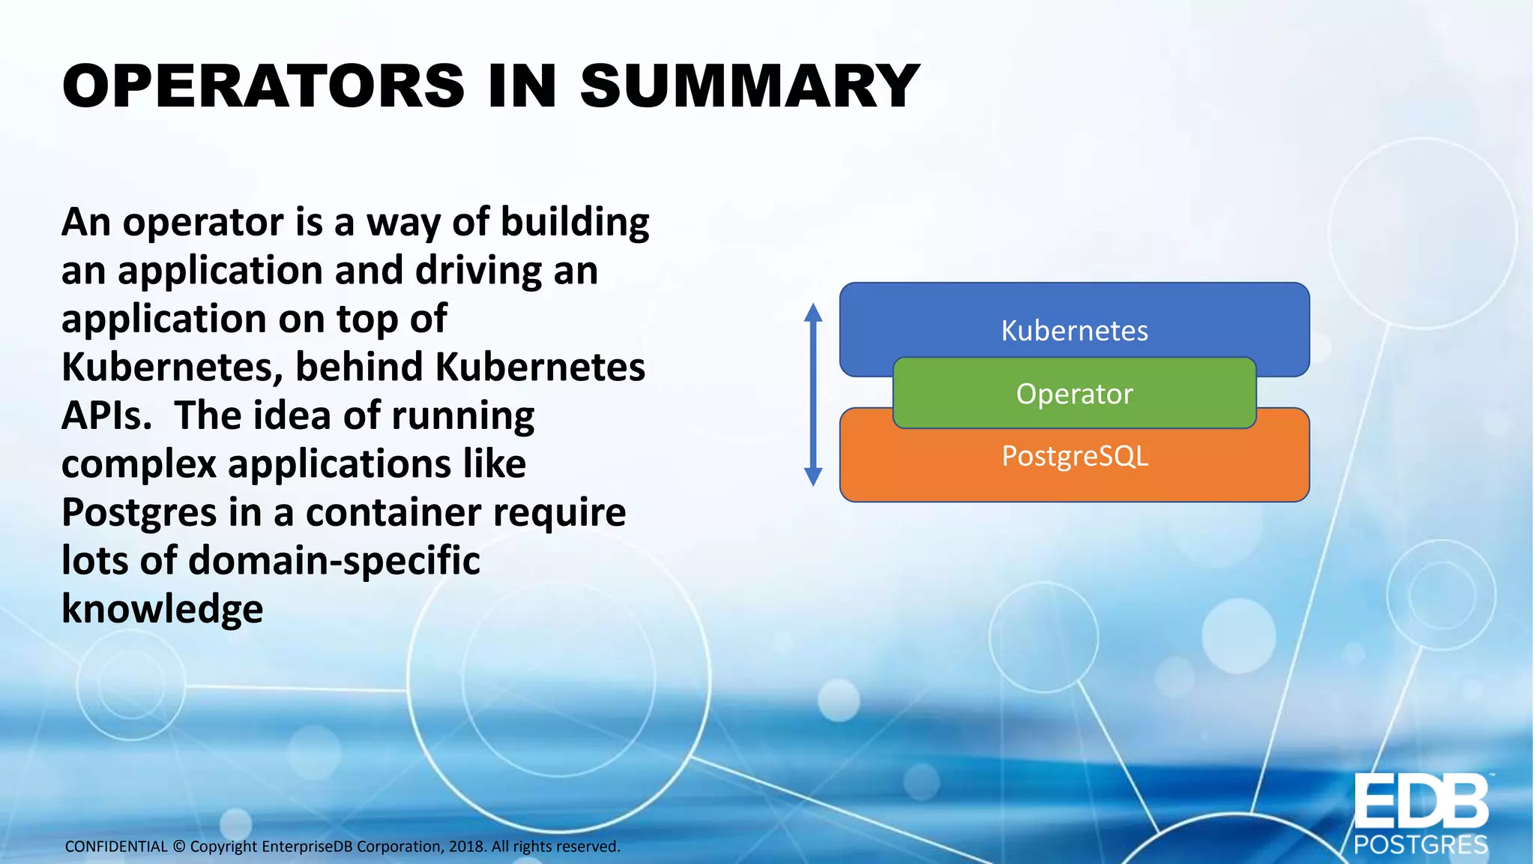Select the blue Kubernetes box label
(1074, 331)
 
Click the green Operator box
(1074, 394)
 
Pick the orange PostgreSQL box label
(1074, 456)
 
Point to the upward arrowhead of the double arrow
(813, 312)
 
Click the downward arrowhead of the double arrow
(813, 477)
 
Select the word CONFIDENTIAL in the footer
(116, 847)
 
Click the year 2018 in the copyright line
(467, 847)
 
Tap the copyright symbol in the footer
(178, 847)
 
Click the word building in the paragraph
(574, 223)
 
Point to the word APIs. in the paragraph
(106, 415)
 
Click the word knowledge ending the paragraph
(162, 609)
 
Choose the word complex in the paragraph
(139, 464)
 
